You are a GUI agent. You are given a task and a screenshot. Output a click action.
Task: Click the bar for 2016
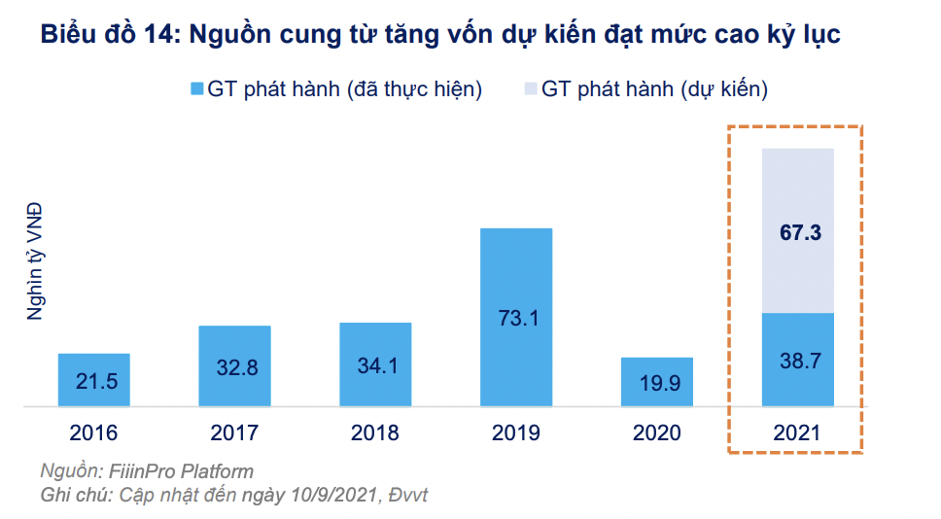94,379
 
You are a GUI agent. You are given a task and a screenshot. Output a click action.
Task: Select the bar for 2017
234,365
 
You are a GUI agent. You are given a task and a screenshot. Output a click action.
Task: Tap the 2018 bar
375,363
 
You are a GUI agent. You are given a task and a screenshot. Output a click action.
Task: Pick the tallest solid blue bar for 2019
516,317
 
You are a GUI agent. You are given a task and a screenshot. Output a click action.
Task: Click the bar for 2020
657,381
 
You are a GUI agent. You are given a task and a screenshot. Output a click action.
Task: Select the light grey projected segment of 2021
798,230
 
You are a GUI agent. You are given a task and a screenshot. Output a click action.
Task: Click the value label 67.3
798,233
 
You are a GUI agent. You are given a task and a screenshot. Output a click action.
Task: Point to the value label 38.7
798,361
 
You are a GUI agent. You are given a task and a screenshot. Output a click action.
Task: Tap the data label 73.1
516,318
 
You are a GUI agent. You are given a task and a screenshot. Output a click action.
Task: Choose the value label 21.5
94,381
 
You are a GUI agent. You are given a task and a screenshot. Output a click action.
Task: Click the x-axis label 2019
516,432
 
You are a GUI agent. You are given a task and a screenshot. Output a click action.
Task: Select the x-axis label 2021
798,432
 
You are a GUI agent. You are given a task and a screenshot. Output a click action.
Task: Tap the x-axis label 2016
94,432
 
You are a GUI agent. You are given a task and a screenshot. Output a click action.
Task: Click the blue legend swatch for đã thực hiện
196,89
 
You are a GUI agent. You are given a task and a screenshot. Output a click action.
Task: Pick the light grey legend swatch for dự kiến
530,89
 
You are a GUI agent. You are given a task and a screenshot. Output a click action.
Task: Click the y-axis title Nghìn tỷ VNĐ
35,260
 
